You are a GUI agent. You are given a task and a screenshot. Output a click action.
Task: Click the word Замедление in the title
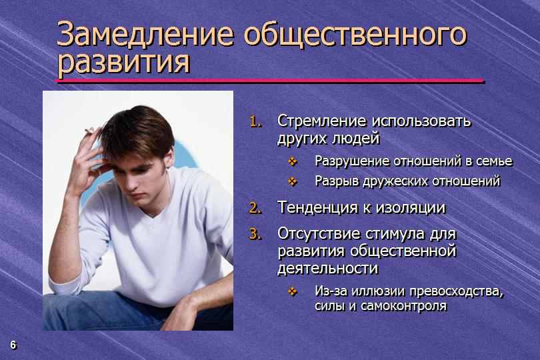[145, 33]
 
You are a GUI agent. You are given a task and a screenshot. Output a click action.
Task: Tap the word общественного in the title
[355, 35]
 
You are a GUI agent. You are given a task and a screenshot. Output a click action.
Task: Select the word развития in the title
[123, 63]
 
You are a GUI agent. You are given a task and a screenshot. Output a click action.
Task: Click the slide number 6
[13, 345]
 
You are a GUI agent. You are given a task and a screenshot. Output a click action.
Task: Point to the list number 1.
[255, 121]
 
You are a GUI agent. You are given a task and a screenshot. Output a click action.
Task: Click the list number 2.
[255, 208]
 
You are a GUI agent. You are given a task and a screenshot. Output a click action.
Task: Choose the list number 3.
[255, 234]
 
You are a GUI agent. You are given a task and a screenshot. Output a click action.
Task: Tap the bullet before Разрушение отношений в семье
[293, 161]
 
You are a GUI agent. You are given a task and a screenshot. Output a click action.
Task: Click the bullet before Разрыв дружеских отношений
[293, 181]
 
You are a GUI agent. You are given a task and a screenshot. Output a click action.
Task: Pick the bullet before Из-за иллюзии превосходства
[293, 292]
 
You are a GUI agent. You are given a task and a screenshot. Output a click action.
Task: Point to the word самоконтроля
[403, 306]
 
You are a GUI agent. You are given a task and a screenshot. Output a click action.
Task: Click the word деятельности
[327, 269]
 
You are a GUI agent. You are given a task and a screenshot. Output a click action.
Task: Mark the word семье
[494, 161]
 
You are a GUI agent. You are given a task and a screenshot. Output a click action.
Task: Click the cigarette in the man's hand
[89, 131]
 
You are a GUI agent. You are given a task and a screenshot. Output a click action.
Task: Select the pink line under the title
[269, 81]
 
